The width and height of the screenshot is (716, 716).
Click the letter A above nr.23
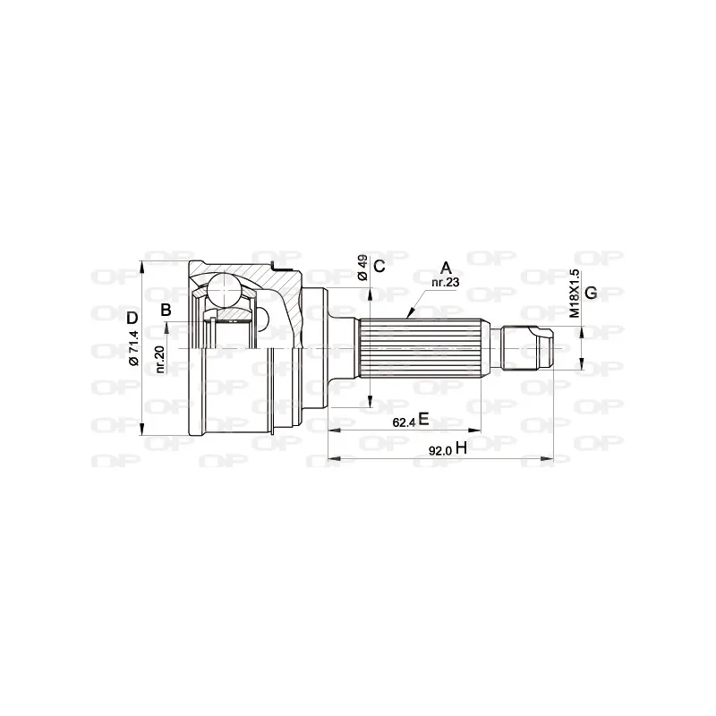[x=446, y=268]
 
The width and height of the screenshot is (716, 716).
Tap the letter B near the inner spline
[x=166, y=310]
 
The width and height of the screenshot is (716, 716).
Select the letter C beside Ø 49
[x=379, y=266]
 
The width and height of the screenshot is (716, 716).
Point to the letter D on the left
[x=132, y=318]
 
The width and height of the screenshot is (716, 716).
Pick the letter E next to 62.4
[x=423, y=418]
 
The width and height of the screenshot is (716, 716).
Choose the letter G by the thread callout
[x=591, y=293]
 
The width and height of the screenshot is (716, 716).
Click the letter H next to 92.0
[x=461, y=448]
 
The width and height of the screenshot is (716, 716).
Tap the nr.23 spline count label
[x=445, y=283]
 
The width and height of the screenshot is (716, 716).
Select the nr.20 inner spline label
[x=160, y=360]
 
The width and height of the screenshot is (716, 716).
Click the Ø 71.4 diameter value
[x=133, y=348]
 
